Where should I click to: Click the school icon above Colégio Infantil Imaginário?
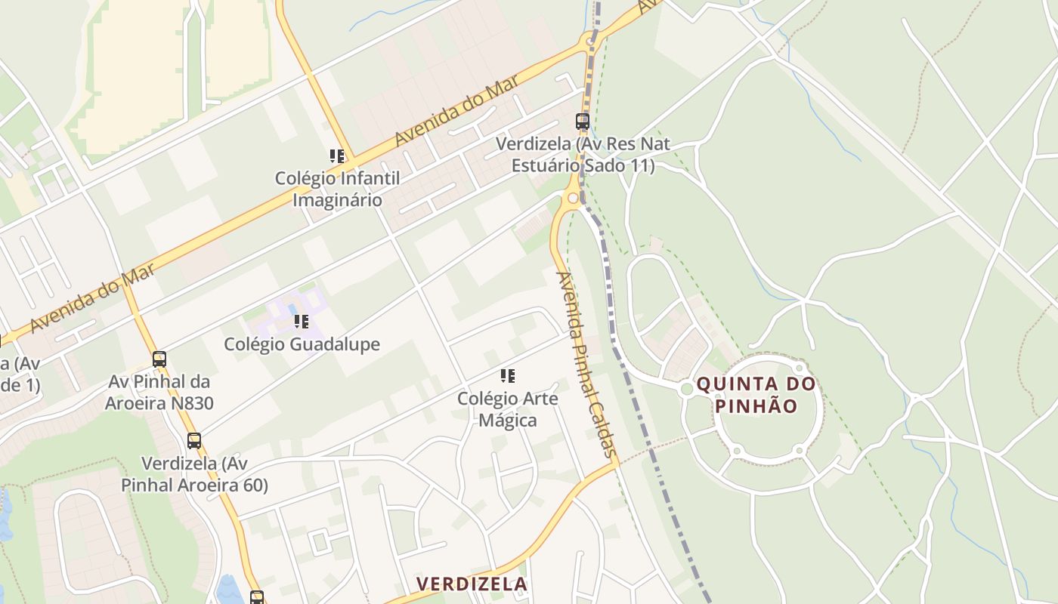(337, 156)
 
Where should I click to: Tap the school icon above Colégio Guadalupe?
(302, 322)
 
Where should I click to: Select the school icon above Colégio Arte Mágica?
(508, 375)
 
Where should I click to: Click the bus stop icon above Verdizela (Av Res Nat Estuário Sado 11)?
(583, 121)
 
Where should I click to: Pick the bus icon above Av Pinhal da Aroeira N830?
(159, 359)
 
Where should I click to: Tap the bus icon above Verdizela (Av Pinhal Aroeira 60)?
(194, 441)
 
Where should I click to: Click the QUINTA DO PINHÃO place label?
(756, 395)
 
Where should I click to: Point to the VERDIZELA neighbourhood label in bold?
(472, 584)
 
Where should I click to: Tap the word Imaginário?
(337, 200)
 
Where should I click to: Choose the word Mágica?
(508, 420)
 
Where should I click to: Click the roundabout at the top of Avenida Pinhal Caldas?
(573, 199)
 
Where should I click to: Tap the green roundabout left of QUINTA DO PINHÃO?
(686, 389)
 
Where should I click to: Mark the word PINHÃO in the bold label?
(756, 406)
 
